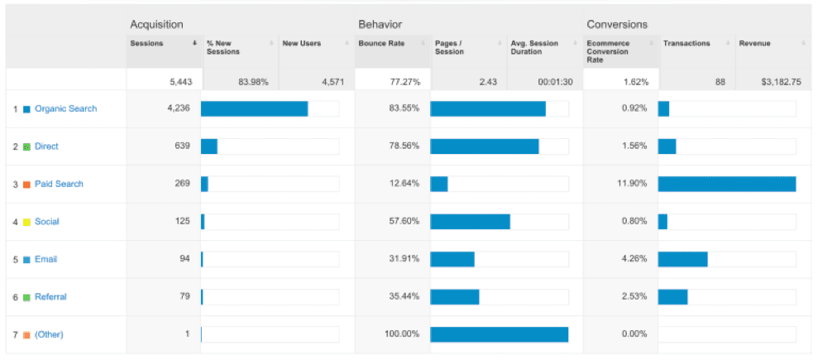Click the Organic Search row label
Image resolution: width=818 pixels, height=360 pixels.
point(65,109)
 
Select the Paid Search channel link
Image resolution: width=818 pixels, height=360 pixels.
point(59,184)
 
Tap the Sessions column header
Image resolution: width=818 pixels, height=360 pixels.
point(146,44)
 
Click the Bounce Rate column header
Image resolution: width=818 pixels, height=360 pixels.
point(380,44)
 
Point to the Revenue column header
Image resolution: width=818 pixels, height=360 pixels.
point(754,44)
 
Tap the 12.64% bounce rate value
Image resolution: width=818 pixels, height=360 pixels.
point(404,184)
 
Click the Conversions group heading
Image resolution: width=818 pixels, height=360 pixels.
point(617,25)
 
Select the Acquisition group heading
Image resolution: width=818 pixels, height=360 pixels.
point(156,25)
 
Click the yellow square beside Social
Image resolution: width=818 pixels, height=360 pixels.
point(26,222)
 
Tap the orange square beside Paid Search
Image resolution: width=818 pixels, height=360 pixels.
point(26,185)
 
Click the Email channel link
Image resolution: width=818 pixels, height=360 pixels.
point(45,259)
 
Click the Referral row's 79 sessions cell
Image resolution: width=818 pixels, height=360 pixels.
point(184,296)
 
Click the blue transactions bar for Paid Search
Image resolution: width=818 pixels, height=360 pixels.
point(726,184)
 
